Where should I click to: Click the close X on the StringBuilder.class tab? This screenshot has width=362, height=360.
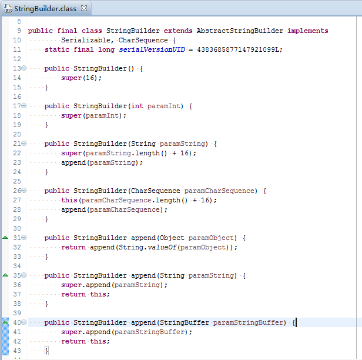point(84,8)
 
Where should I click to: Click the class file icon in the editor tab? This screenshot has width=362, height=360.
point(8,9)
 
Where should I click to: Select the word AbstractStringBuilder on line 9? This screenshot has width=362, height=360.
point(240,31)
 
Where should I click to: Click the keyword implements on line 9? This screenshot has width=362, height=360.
point(307,31)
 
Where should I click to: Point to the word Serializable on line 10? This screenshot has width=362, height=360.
point(85,40)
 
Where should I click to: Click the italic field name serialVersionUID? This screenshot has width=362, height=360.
point(152,49)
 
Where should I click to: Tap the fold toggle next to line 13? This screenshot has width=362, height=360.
point(24,68)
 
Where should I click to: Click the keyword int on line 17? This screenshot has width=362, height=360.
point(137,106)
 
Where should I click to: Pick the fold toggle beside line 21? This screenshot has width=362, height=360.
point(24,144)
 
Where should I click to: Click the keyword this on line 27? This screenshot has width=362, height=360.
point(69,200)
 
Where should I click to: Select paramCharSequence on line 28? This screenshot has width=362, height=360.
point(125,209)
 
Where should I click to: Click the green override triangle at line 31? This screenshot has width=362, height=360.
point(5,238)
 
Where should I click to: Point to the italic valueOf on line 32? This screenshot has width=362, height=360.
point(162,247)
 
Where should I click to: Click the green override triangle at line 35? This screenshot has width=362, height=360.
point(5,275)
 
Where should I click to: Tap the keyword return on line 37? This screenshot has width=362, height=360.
point(73,294)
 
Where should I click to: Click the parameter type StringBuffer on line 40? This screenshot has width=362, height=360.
point(185,322)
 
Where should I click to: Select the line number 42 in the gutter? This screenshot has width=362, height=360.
point(17,341)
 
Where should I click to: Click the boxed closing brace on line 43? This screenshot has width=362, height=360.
point(46,351)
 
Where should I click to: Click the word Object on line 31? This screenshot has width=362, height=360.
point(172,238)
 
